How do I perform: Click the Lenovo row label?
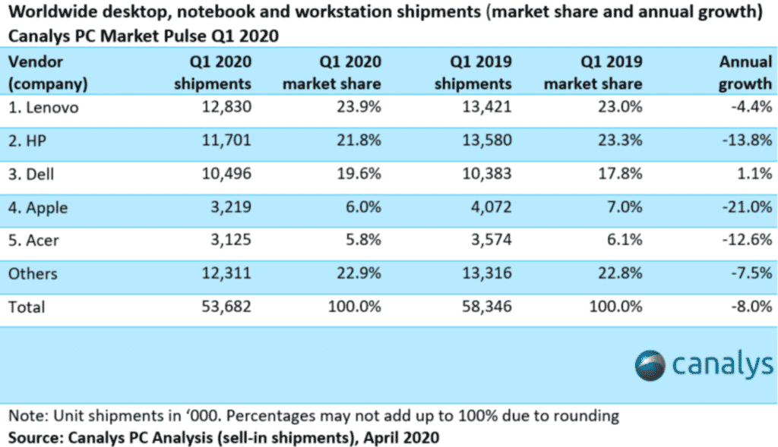tap(43, 108)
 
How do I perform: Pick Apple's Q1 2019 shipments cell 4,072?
tap(486, 207)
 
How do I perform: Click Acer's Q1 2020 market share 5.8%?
tap(361, 241)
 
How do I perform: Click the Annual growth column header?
tap(745, 72)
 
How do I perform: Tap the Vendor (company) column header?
tap(47, 72)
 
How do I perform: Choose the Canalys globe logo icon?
tap(650, 365)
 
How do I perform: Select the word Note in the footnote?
tap(24, 416)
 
